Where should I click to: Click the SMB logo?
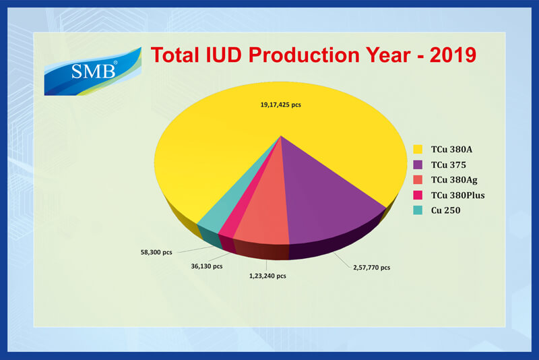pyautogui.click(x=93, y=71)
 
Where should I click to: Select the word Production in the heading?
pyautogui.click(x=304, y=55)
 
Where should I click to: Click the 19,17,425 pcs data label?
pyautogui.click(x=280, y=105)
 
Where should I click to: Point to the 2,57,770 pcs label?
pyautogui.click(x=372, y=268)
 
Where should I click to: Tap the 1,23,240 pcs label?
pyautogui.click(x=267, y=276)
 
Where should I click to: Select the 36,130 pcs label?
pyautogui.click(x=207, y=266)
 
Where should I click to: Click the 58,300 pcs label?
pyautogui.click(x=156, y=252)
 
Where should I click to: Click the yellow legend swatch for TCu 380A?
pyautogui.click(x=418, y=149)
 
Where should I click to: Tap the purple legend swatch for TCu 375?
pyautogui.click(x=418, y=164)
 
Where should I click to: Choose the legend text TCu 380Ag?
pyautogui.click(x=454, y=180)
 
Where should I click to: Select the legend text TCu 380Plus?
pyautogui.click(x=458, y=196)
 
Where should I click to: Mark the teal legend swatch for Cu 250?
pyautogui.click(x=418, y=210)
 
